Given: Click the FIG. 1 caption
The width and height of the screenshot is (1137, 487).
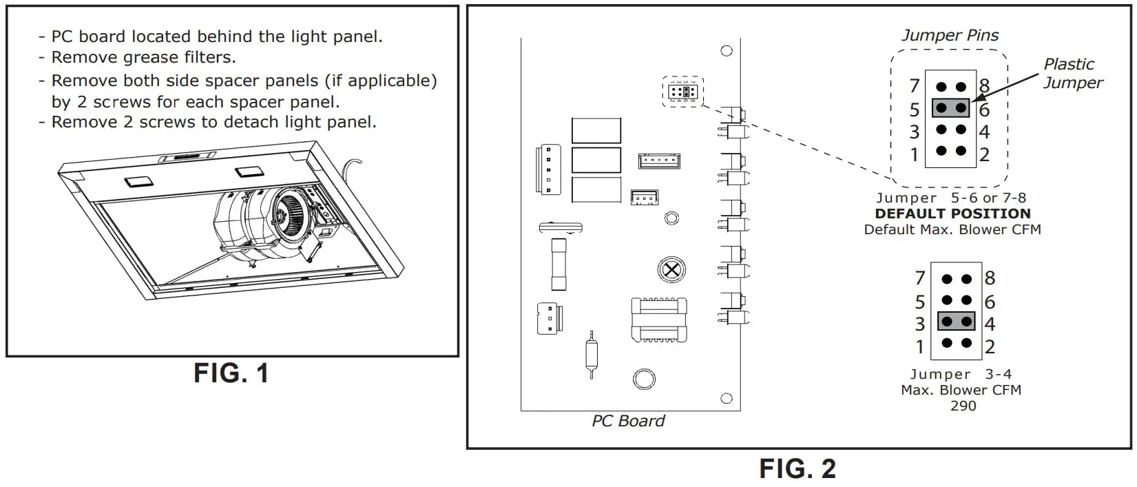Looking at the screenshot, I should tap(231, 373).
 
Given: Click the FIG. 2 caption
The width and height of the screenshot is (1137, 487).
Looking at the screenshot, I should tap(797, 468).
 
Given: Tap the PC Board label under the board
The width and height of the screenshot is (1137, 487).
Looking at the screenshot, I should tap(628, 421).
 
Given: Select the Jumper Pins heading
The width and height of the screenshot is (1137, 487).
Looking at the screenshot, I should tap(950, 35).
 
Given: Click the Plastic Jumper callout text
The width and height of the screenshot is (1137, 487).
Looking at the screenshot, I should tap(1072, 73).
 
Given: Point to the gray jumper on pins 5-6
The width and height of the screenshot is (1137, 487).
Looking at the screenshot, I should tap(950, 108).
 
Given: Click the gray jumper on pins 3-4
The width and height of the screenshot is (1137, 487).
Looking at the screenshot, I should tap(957, 322).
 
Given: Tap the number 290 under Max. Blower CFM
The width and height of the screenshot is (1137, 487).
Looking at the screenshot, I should tap(963, 406).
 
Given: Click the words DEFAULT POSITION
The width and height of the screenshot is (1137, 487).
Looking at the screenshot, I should tap(952, 214).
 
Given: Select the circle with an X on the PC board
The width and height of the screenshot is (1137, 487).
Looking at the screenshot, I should tap(671, 269).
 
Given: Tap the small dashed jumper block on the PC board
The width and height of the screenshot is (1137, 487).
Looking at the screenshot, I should tap(682, 92).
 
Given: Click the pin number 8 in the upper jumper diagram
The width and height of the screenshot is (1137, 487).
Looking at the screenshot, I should tap(984, 85).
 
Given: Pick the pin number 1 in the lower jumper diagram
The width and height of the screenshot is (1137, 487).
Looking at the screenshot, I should tap(919, 346).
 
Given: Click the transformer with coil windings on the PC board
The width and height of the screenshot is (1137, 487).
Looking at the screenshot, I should tap(659, 320).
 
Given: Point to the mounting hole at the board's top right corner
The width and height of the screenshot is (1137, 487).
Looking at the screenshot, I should tap(726, 51).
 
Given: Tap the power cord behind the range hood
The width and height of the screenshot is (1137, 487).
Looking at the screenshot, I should tap(353, 166).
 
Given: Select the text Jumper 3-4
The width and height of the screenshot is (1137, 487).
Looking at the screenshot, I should tap(960, 374).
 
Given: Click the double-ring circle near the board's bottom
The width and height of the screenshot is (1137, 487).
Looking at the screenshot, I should tap(644, 379).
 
